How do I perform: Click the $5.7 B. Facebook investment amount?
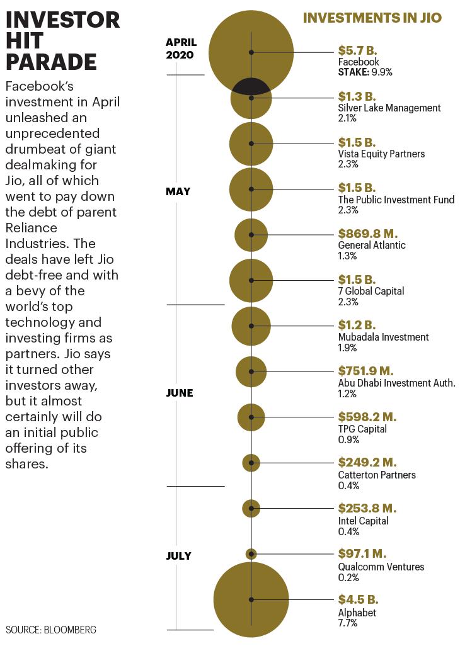357,50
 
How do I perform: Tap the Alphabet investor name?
357,613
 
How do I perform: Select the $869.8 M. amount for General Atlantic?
368,234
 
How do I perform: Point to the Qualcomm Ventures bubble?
251,554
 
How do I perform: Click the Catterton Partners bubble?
251,463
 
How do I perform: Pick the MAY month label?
178,191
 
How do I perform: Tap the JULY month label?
179,556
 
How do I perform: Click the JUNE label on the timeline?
180,393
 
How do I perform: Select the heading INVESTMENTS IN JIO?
372,18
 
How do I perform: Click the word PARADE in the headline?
51,62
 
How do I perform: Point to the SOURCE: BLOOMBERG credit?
50,630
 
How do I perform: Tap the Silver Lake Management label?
389,108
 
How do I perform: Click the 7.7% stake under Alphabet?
347,623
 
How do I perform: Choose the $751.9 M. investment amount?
365,371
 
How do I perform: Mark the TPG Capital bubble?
251,417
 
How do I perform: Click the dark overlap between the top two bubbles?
251,86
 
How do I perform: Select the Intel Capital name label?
363,521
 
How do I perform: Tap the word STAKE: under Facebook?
354,72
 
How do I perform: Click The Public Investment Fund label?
396,200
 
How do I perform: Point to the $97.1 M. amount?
362,553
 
